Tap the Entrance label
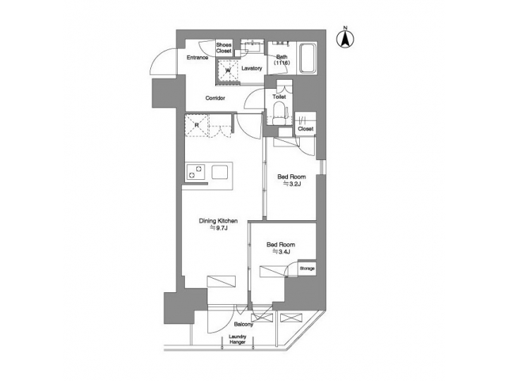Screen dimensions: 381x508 pos(197,58)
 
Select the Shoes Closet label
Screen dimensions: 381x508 pos(224,49)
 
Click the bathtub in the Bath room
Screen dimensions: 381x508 pos(308,59)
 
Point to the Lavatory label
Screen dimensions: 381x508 pos(251,68)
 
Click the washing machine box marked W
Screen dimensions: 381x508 pos(228,69)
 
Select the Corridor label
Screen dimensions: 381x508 pos(215,98)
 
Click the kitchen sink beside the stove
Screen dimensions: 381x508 pos(219,172)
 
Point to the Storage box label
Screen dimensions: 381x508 pos(307,269)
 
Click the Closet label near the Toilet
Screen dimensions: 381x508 pos(306,129)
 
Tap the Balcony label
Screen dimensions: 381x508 pos(243,325)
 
